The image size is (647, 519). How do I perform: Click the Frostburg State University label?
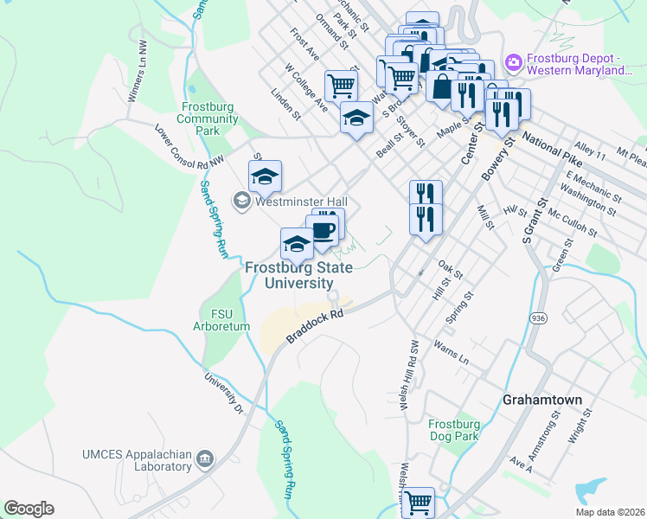(298, 276)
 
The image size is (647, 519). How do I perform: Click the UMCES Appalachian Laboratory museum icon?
(205, 458)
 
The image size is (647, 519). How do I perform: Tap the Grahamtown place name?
(541, 400)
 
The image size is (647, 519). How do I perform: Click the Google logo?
(29, 509)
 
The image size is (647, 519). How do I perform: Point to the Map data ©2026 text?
(610, 512)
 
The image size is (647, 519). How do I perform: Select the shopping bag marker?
(442, 87)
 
